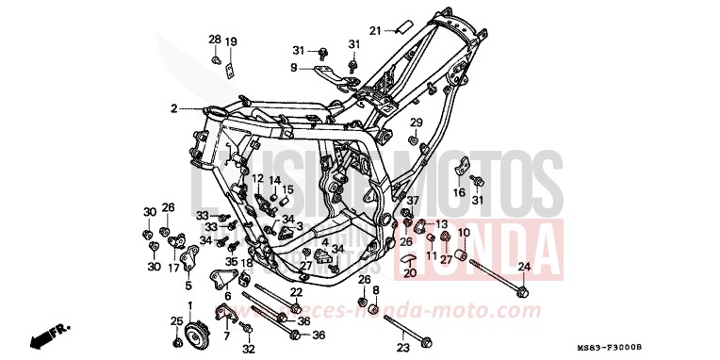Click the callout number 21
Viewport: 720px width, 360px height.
(x=373, y=30)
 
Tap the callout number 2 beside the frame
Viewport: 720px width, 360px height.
(x=173, y=109)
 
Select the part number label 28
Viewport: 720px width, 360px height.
(x=214, y=40)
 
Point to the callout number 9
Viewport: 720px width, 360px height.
(x=293, y=68)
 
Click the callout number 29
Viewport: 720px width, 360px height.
(x=416, y=123)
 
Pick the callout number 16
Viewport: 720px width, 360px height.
(x=459, y=193)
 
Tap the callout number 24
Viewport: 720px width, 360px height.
(x=524, y=267)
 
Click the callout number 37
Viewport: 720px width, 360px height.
(x=411, y=201)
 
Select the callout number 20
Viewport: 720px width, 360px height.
(x=409, y=273)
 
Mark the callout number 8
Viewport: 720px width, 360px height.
(x=374, y=290)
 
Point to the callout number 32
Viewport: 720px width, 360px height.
(x=249, y=348)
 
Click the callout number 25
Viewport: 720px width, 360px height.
(x=176, y=322)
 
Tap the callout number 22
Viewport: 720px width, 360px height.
(x=295, y=293)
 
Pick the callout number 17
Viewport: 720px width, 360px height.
(x=174, y=268)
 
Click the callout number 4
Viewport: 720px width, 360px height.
(x=323, y=242)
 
